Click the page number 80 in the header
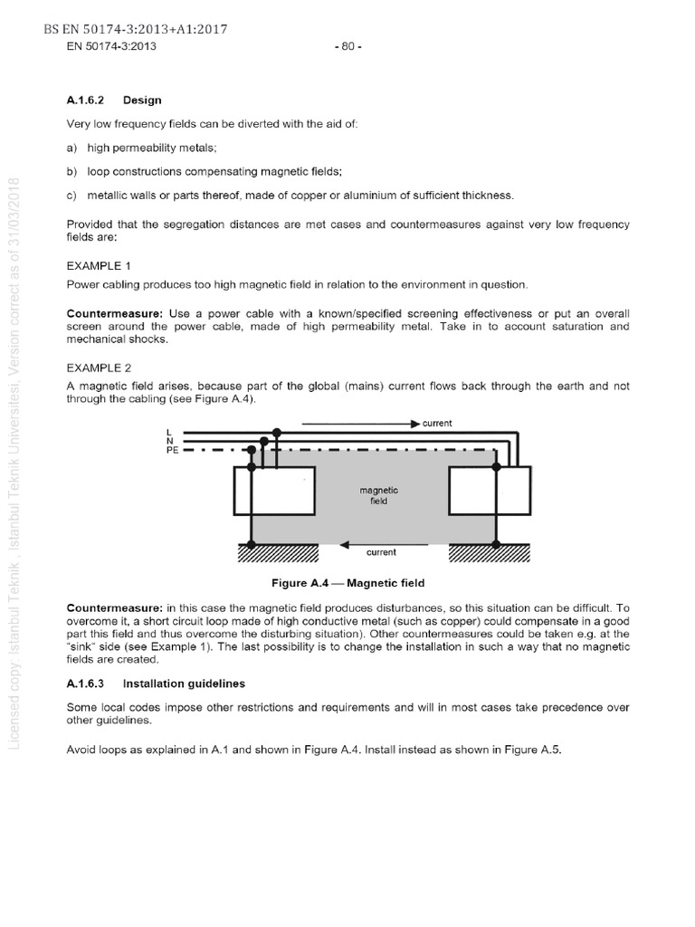347,46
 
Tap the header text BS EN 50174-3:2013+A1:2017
135,30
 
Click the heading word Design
142,100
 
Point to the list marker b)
72,171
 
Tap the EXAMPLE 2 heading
99,368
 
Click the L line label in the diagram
170,432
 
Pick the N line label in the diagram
170,440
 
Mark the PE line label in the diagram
172,449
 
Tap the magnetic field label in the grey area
379,495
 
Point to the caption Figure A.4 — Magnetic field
341,583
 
